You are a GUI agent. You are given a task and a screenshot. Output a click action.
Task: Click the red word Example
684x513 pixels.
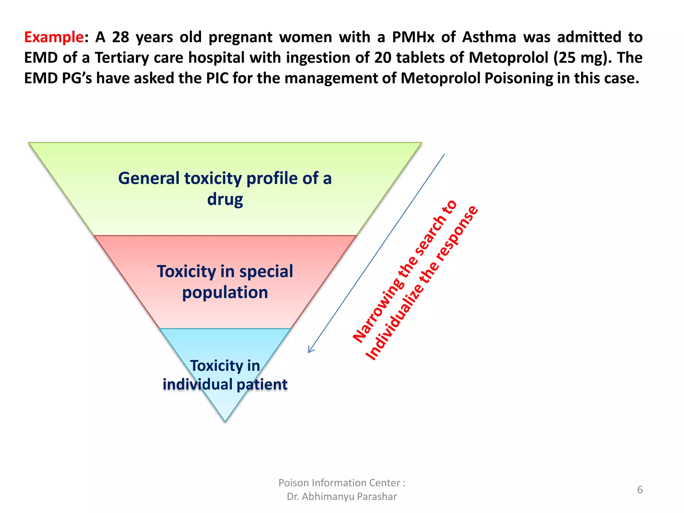click(53, 37)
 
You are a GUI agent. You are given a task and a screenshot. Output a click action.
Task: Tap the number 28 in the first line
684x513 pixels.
click(121, 37)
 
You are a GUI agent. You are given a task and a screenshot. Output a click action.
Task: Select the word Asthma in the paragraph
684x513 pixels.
click(489, 37)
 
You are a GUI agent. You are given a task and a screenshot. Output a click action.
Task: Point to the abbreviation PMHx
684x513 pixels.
click(413, 37)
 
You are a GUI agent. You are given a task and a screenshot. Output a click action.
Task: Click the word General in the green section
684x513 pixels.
click(149, 178)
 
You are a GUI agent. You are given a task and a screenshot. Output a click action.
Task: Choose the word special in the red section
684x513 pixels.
click(266, 271)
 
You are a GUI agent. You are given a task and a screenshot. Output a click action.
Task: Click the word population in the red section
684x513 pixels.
click(225, 293)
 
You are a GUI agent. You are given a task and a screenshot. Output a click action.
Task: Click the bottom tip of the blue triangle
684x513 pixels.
click(225, 420)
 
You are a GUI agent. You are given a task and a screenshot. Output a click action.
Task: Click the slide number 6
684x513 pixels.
click(640, 489)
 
